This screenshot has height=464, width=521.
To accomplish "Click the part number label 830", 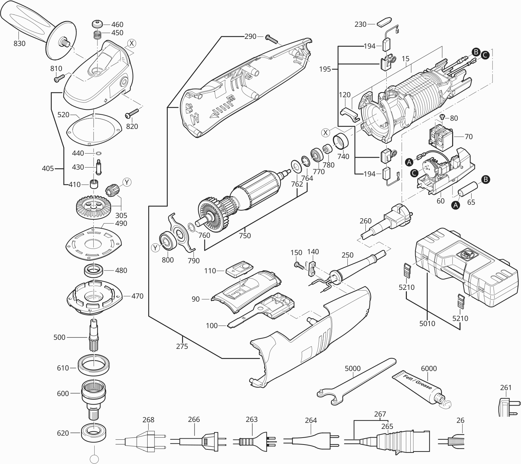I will click(x=19, y=43).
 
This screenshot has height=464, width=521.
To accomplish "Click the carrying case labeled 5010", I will click(x=459, y=268).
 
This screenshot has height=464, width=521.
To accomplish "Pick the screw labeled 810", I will click(x=58, y=79).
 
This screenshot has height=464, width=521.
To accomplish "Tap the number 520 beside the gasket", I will click(x=63, y=114).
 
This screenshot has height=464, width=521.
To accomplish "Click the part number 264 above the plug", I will click(x=311, y=420).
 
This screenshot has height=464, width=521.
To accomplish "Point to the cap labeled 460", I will click(x=97, y=24).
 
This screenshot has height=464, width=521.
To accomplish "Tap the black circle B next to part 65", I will click(x=486, y=179).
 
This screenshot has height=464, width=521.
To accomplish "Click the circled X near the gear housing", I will click(x=131, y=43).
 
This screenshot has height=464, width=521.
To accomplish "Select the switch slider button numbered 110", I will click(x=238, y=269).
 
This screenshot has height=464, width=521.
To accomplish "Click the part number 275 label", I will click(x=182, y=346).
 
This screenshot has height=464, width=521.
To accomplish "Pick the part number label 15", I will click(x=405, y=59).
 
